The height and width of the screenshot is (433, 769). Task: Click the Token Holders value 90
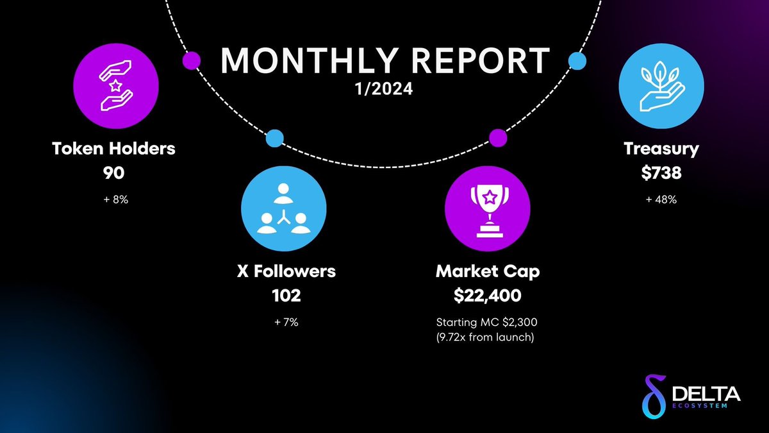114,174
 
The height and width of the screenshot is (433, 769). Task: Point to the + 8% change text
114,200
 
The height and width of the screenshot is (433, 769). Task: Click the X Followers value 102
282,296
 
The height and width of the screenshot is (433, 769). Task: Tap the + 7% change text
282,322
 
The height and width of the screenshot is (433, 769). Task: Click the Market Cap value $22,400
488,296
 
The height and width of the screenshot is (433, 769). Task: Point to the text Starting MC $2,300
488,322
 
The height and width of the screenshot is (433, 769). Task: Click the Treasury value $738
661,174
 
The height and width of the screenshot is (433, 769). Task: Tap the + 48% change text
661,200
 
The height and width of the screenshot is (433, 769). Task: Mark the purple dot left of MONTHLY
191,61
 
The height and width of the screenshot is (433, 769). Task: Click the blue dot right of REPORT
577,62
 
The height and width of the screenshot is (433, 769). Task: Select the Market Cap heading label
488,271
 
